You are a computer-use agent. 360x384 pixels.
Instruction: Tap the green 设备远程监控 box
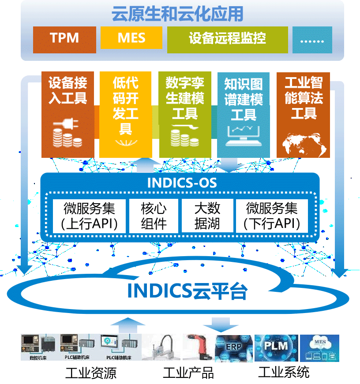(x=227, y=38)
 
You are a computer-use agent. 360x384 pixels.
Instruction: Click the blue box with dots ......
(x=312, y=39)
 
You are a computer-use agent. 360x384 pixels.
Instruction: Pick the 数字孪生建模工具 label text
(x=185, y=98)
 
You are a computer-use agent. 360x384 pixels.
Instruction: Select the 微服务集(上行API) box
(x=88, y=216)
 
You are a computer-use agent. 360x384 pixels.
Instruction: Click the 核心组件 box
(x=154, y=216)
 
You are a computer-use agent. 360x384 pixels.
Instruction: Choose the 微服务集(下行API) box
(x=272, y=216)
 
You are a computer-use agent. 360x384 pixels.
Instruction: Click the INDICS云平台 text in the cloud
(x=187, y=291)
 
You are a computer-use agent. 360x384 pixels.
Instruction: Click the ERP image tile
(x=234, y=347)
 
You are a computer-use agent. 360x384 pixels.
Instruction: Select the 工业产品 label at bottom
(x=188, y=373)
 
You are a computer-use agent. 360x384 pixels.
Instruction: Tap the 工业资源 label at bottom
(x=91, y=373)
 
